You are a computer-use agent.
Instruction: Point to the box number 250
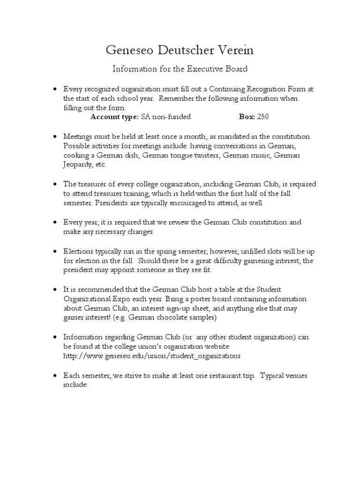click(x=263, y=117)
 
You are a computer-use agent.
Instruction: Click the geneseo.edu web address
click(x=152, y=356)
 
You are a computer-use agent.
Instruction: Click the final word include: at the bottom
click(x=75, y=385)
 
